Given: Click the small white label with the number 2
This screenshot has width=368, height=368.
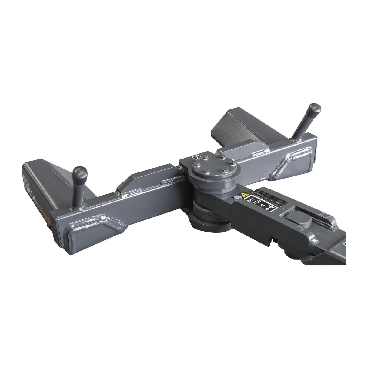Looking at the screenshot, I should pos(196,157).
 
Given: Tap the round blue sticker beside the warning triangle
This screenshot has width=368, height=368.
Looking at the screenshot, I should pos(238,197).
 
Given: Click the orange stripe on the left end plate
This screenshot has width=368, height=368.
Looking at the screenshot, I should pos(45,208).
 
